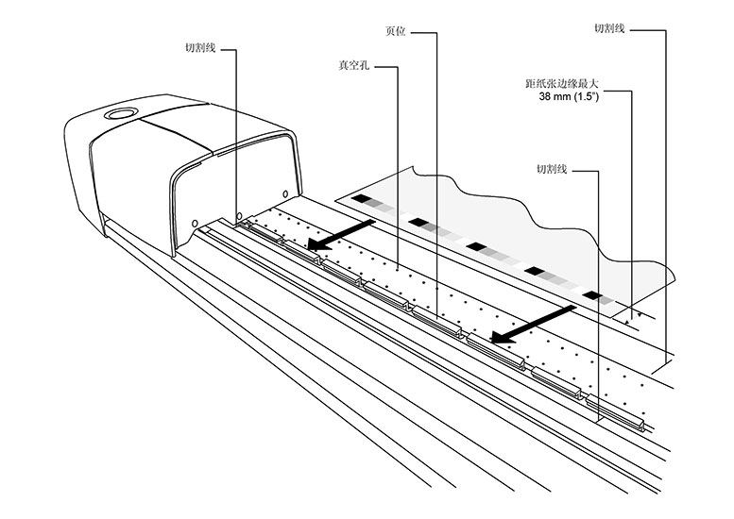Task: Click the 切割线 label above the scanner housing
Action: click(200, 48)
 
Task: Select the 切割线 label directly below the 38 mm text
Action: click(552, 169)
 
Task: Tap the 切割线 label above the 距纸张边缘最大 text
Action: click(609, 28)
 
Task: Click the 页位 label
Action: click(396, 31)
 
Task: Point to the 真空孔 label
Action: click(354, 65)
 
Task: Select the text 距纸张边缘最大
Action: click(562, 84)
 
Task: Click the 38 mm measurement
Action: click(555, 97)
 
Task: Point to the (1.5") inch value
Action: click(587, 97)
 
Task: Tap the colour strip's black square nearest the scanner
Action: click(361, 199)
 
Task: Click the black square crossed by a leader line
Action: click(593, 295)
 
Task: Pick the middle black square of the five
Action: click(476, 246)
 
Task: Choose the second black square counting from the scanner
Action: click(418, 222)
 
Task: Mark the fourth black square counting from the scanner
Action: click(535, 271)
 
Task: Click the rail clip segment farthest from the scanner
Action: click(616, 412)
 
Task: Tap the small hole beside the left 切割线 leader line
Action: click(239, 216)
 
